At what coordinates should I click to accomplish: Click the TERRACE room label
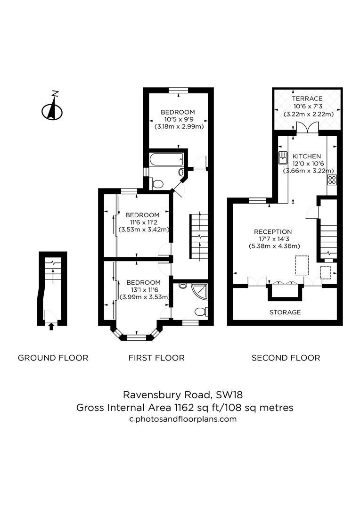click(307, 99)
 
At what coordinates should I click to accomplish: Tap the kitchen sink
click(283, 157)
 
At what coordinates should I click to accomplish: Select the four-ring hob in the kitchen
click(332, 179)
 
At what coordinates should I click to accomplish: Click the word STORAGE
click(285, 312)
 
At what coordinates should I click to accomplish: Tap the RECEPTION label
click(273, 231)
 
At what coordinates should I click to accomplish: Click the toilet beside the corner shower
click(201, 312)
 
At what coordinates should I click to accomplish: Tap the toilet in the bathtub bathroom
click(158, 183)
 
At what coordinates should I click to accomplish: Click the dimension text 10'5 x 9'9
click(178, 119)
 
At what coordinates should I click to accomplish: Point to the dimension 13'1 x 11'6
click(143, 290)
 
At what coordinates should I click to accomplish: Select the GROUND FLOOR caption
click(53, 358)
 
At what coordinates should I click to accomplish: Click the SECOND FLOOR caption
click(286, 358)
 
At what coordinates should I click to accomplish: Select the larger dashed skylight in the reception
click(302, 265)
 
